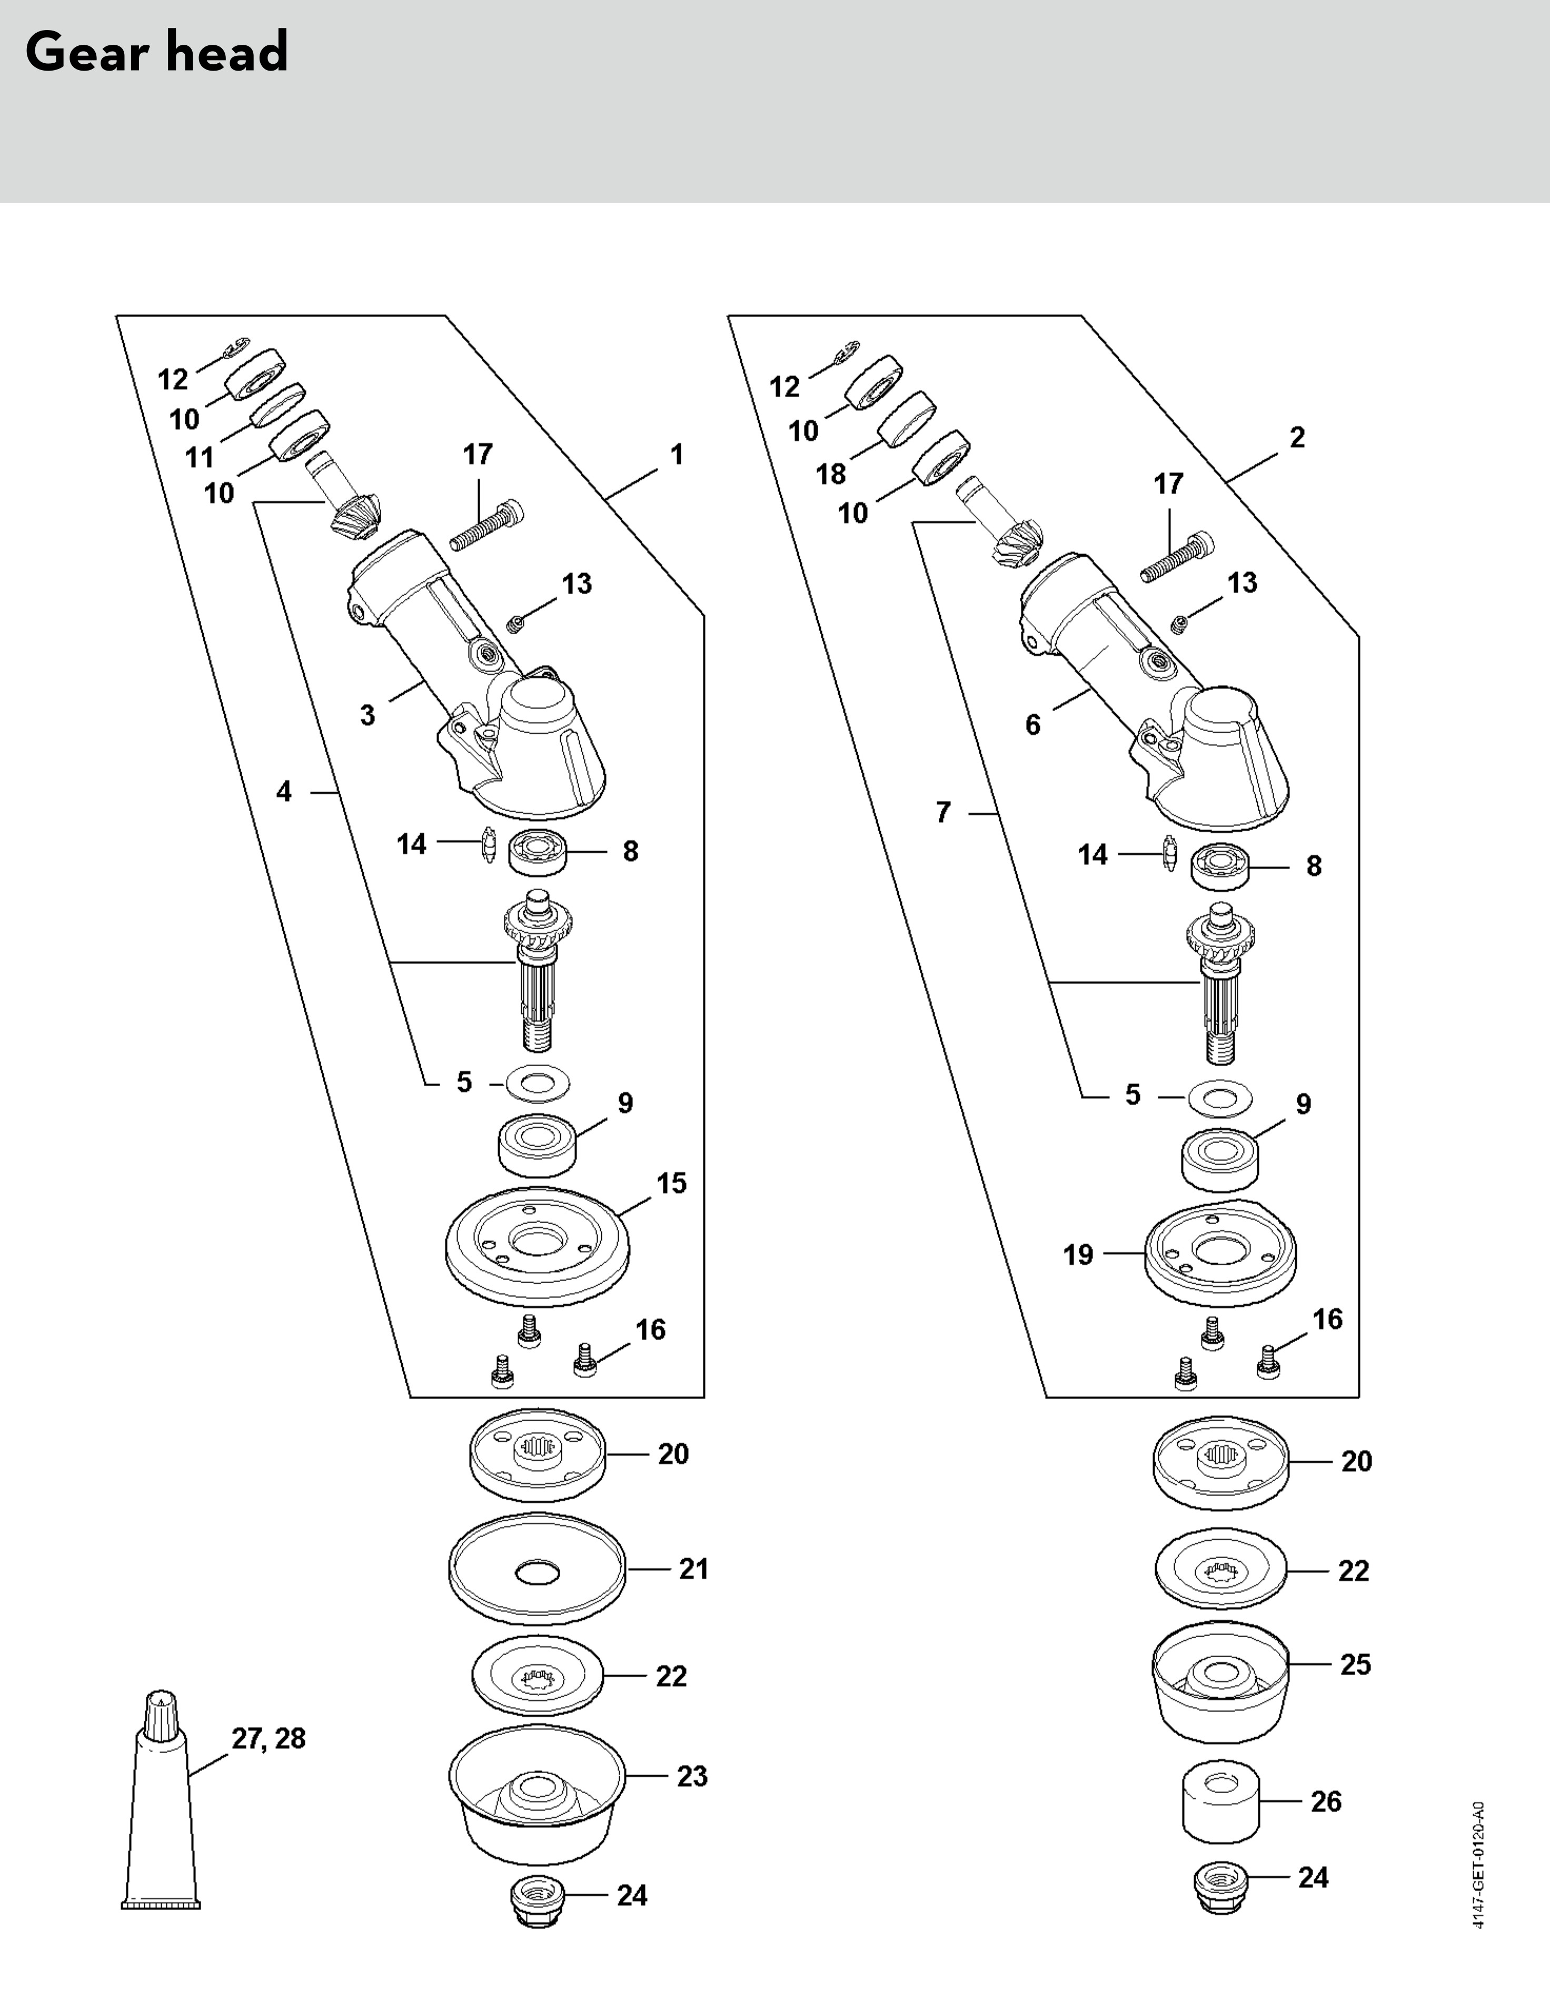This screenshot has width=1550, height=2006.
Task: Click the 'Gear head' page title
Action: tap(157, 52)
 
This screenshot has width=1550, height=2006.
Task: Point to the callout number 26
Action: tap(1326, 1802)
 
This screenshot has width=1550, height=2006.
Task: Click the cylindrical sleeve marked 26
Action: tap(1219, 1803)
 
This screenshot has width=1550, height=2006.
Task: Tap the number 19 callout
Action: tap(1079, 1255)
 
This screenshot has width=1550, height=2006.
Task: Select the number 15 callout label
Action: tap(671, 1184)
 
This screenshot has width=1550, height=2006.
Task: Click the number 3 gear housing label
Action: tap(367, 715)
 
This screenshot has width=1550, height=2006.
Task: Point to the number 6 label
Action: tap(1033, 725)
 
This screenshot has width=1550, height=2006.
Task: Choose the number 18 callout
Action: tap(831, 474)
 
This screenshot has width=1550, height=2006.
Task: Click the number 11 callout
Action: tap(199, 457)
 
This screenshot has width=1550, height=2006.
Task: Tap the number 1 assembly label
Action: tap(677, 455)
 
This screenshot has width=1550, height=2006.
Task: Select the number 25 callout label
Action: tap(1355, 1665)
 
